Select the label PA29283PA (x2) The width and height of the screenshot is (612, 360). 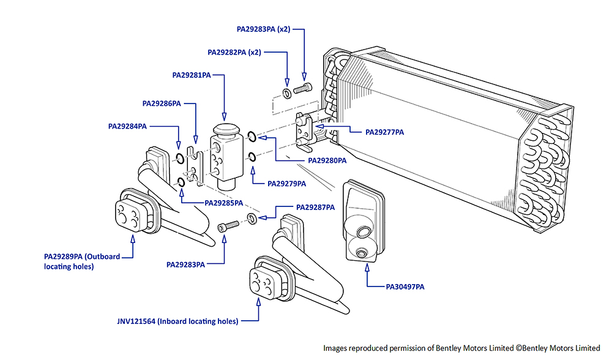263,29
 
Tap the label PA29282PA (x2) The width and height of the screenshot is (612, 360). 234,53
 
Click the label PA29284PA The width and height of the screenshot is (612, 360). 127,127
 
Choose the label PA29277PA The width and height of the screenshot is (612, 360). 384,132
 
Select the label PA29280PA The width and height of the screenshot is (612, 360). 327,161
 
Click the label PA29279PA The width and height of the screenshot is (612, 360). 287,183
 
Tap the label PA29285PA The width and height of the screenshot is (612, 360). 224,203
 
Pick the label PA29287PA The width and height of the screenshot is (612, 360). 315,208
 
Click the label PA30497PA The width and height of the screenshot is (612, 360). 405,287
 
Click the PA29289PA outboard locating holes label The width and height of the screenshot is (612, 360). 81,261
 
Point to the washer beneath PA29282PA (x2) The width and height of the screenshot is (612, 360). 286,94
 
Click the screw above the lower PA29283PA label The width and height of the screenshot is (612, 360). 226,227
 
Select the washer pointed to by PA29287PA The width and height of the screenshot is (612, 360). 252,219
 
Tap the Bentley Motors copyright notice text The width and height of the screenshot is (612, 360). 462,348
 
